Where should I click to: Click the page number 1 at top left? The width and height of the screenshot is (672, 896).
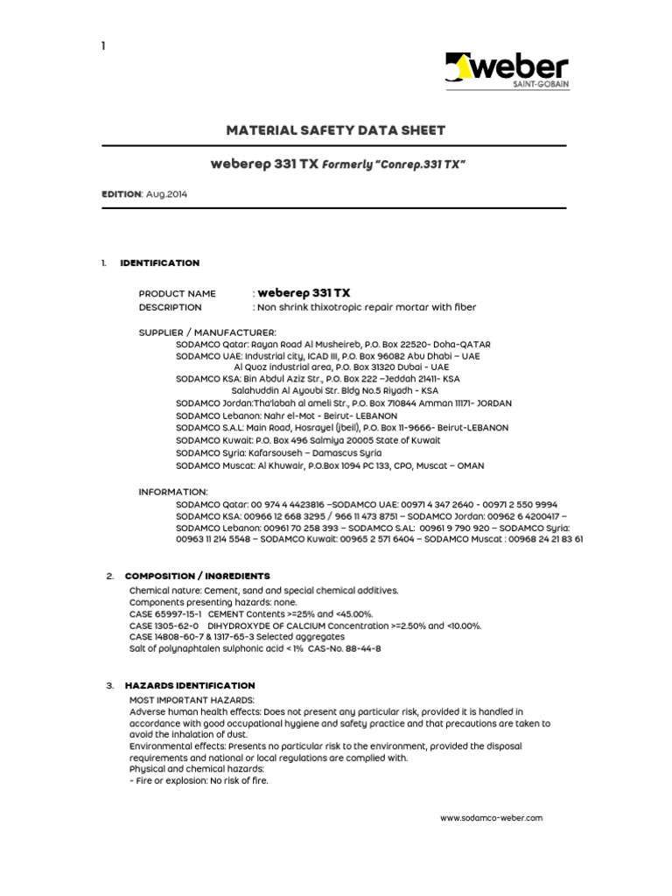(x=102, y=45)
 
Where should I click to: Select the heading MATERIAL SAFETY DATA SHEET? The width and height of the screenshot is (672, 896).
(x=336, y=130)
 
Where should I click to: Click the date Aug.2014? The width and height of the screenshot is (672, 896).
(x=167, y=194)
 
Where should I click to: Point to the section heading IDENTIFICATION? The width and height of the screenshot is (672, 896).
(x=159, y=262)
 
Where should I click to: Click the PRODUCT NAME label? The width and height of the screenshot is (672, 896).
(x=177, y=293)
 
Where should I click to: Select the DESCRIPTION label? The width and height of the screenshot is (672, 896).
(x=170, y=307)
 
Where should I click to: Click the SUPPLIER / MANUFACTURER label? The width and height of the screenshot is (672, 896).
(x=207, y=332)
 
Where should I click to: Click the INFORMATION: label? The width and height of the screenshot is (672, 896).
(x=173, y=492)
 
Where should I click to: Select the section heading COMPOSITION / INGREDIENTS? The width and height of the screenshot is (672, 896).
(x=198, y=576)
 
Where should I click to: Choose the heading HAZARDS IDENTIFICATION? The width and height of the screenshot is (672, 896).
(x=190, y=685)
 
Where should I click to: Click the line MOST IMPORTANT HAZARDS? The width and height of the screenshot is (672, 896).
(x=192, y=700)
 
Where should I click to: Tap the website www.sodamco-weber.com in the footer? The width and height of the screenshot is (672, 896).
(x=492, y=817)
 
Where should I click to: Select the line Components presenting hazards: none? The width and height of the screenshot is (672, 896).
(x=213, y=602)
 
